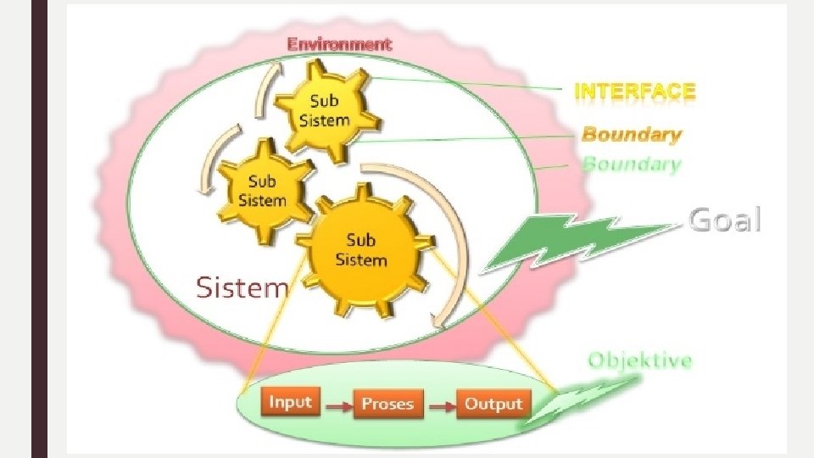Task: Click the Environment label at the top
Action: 339,43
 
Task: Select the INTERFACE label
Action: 635,91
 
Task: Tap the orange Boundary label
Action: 631,134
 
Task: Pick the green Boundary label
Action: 631,164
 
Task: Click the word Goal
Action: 724,220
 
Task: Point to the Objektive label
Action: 640,360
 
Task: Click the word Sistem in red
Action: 243,288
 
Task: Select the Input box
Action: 290,402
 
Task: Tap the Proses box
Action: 387,404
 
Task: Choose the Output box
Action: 493,404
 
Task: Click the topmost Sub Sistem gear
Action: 324,112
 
